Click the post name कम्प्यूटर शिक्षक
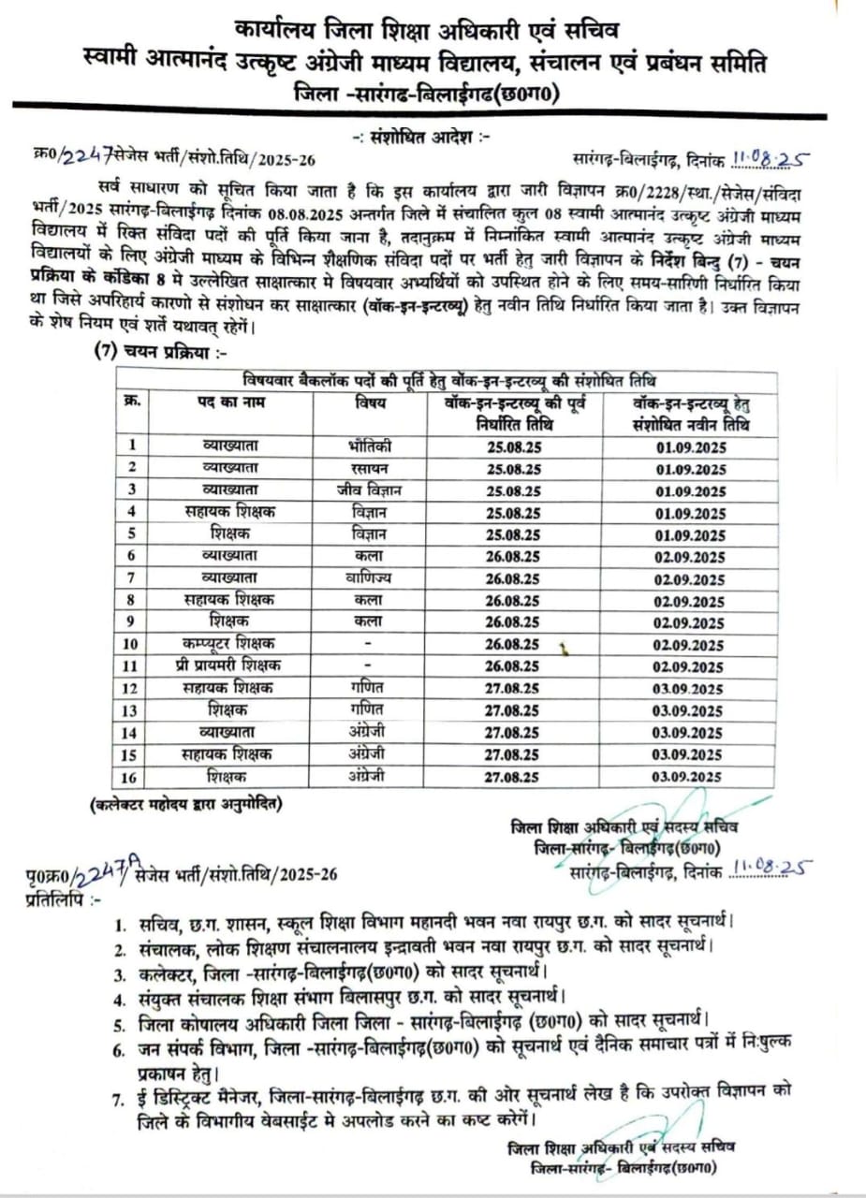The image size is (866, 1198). coord(229,643)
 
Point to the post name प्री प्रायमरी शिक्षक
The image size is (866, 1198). coord(229,665)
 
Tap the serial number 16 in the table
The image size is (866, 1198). coord(131,776)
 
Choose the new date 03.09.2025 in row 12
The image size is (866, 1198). coord(691,689)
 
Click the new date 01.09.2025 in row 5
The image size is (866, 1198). coord(691,534)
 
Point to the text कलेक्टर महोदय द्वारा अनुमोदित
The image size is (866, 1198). coord(185,804)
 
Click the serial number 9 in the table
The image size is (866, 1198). coord(131,621)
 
